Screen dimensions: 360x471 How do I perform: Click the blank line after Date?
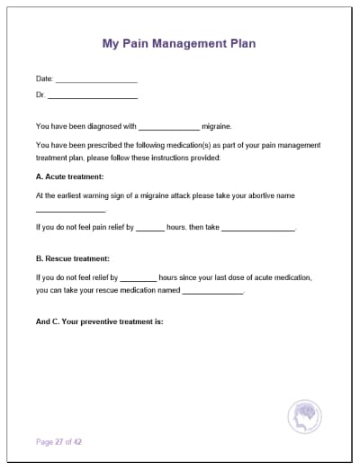[x=96, y=80]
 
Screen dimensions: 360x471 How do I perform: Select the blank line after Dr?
[x=93, y=95]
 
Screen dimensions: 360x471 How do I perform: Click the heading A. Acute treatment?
[x=69, y=177]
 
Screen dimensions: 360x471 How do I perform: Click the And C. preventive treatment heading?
[x=99, y=321]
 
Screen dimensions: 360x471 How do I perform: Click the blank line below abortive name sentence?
[x=70, y=211]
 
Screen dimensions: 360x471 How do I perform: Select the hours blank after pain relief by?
[x=150, y=229]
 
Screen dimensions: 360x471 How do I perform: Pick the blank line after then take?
[x=258, y=229]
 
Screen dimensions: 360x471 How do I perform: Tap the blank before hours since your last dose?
[x=138, y=279]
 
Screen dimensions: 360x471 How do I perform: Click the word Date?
[x=43, y=79]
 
